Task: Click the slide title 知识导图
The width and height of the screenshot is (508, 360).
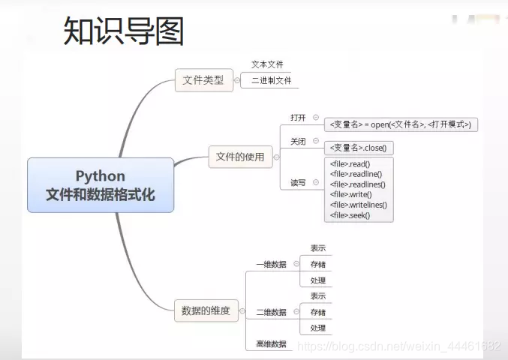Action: click(124, 31)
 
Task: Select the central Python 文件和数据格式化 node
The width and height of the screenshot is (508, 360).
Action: click(101, 184)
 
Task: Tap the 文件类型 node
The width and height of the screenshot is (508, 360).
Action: click(203, 79)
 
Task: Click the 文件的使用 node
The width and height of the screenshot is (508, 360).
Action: click(240, 157)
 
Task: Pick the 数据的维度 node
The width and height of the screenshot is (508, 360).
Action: click(206, 310)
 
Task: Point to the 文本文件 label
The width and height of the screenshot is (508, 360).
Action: click(267, 64)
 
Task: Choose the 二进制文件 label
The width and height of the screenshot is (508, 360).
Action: click(271, 80)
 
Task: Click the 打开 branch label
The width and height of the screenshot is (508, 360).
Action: click(298, 117)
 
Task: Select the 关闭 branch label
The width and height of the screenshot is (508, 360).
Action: click(298, 141)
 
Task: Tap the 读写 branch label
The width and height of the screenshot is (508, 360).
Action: click(298, 182)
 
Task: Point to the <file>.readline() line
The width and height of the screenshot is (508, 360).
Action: click(356, 174)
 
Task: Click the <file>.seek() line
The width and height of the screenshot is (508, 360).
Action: click(350, 215)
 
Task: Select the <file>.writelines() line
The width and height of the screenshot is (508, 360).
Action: click(358, 205)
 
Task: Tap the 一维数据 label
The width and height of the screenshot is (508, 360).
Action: click(271, 264)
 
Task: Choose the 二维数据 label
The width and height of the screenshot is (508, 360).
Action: click(271, 312)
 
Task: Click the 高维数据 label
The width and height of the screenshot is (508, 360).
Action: click(271, 343)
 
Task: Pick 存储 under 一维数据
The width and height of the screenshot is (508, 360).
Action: click(318, 264)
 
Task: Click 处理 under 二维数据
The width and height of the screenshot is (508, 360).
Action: click(318, 328)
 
